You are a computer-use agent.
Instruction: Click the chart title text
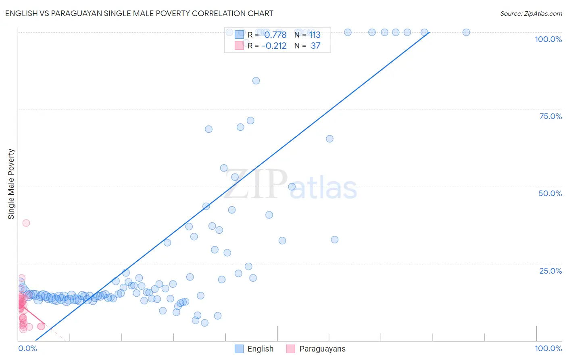click(x=139, y=13)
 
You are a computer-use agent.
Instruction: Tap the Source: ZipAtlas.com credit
click(x=531, y=13)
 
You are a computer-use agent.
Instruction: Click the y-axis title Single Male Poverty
click(x=11, y=184)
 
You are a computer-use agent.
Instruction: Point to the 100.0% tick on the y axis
click(x=548, y=39)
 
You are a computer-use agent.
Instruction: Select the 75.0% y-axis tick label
click(x=550, y=116)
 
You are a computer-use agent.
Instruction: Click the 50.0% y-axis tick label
click(x=550, y=193)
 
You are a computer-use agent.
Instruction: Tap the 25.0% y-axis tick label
click(x=550, y=271)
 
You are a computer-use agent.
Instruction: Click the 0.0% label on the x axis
click(x=27, y=348)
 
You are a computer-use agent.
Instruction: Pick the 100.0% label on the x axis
click(x=548, y=348)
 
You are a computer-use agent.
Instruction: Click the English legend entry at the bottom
click(x=254, y=349)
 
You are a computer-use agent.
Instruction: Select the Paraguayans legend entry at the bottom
click(x=316, y=349)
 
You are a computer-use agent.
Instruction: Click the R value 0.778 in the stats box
click(x=275, y=35)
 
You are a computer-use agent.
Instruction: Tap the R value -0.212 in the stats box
click(x=274, y=46)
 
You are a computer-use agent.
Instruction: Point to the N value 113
click(x=315, y=35)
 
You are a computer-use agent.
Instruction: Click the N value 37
click(x=315, y=46)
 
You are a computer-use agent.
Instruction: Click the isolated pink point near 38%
click(x=26, y=223)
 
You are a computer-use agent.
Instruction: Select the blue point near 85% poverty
click(x=256, y=81)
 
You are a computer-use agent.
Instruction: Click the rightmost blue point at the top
click(x=466, y=32)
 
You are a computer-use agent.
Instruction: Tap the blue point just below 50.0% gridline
click(x=292, y=186)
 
